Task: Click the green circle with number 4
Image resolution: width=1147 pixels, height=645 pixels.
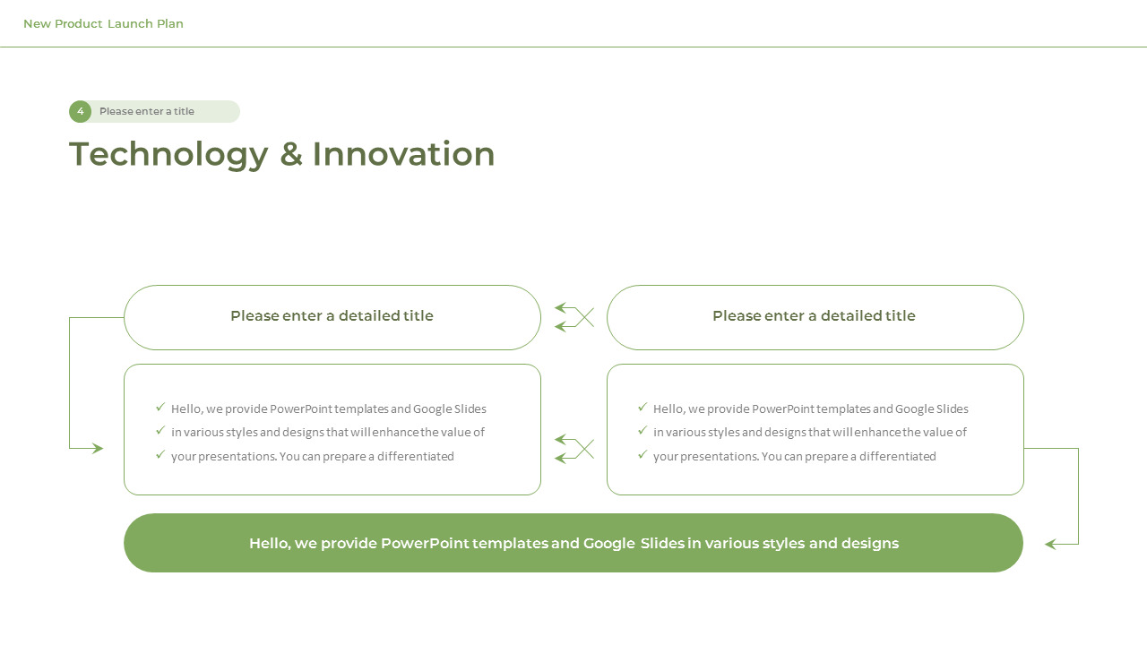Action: coord(80,111)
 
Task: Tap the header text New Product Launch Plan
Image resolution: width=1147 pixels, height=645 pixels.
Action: coord(103,24)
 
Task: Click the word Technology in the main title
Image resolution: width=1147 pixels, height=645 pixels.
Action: coord(168,154)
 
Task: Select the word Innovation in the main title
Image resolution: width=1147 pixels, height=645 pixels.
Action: coord(403,154)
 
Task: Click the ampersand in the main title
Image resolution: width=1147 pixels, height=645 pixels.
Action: coord(290,154)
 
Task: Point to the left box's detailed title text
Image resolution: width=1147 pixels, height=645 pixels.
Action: coord(332,316)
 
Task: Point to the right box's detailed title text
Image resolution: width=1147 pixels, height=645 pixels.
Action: coord(814,316)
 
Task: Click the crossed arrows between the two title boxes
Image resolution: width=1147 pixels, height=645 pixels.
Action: coord(574,317)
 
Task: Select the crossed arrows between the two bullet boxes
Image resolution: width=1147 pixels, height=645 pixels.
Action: coord(574,449)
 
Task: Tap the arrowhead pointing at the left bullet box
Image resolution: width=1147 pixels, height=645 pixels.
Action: coord(98,449)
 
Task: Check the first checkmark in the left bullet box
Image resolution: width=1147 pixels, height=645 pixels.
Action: coord(160,407)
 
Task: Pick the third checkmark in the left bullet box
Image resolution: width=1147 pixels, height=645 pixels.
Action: coord(160,454)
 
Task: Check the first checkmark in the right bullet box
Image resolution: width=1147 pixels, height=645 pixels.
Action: coord(642,407)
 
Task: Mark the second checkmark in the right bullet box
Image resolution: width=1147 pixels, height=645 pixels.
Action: coord(642,430)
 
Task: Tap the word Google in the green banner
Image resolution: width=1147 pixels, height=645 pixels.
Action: coord(609,544)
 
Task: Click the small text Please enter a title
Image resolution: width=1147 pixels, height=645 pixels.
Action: coord(147,112)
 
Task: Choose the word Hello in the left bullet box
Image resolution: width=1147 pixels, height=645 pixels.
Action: coord(185,408)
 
